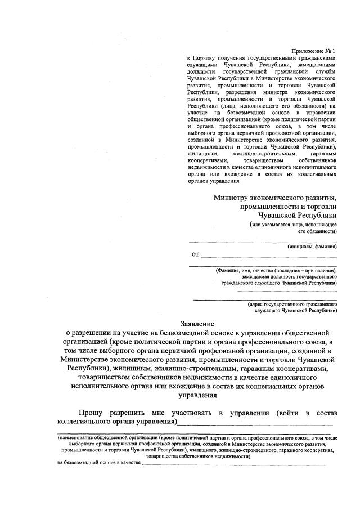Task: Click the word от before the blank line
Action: click(195, 254)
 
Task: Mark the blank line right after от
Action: click(269, 257)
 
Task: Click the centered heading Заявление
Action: click(197, 324)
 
